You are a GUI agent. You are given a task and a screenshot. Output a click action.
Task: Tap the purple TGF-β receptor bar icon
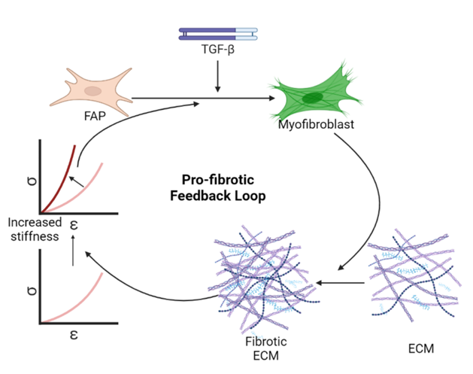[x=218, y=34]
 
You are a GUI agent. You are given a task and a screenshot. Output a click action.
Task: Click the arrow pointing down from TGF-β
[x=218, y=78]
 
